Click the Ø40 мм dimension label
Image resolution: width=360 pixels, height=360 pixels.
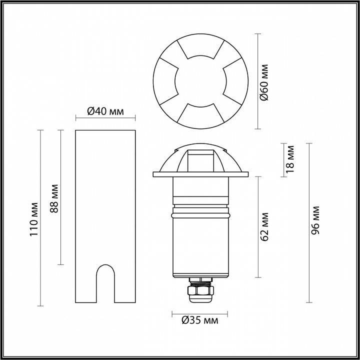pos(105,111)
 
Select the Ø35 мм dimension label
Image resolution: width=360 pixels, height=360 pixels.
pos(199,320)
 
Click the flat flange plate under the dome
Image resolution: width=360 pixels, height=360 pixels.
pos(199,174)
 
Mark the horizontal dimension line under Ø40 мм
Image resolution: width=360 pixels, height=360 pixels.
pos(105,118)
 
